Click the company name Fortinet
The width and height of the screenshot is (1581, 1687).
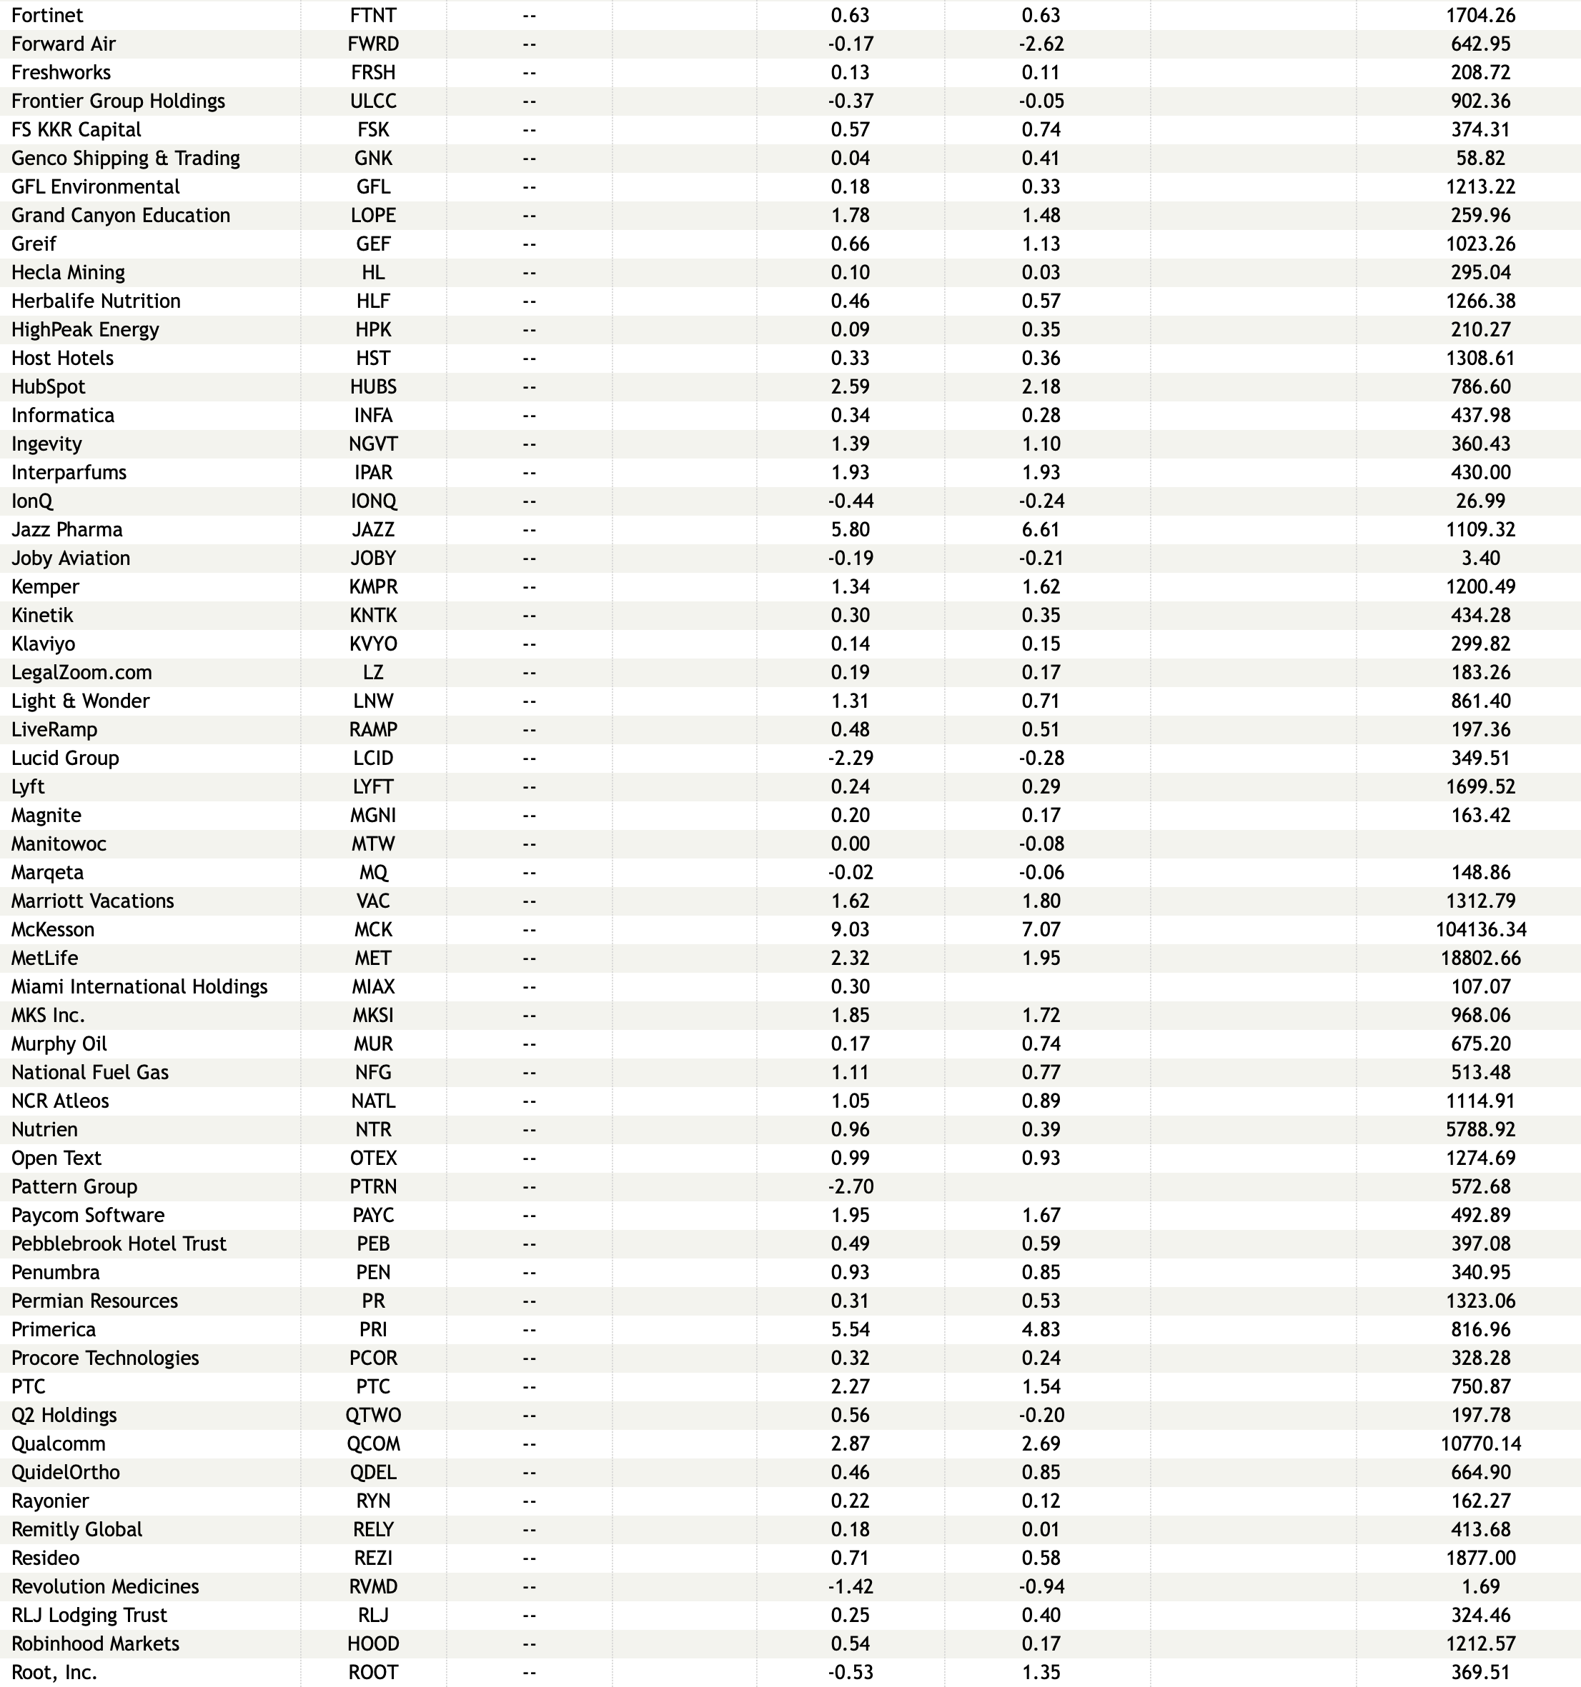click(x=48, y=15)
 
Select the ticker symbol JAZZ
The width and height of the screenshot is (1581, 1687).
click(x=373, y=529)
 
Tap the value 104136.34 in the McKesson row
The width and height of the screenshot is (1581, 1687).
click(x=1480, y=929)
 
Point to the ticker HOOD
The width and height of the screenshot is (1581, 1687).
click(x=373, y=1643)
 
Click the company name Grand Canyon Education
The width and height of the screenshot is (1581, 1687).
click(x=121, y=216)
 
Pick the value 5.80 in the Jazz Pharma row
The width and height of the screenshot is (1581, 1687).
click(x=850, y=529)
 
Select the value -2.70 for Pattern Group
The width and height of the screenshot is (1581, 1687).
click(x=850, y=1186)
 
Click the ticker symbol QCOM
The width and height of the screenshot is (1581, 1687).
click(x=373, y=1443)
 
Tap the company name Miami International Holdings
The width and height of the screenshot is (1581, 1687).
click(x=139, y=987)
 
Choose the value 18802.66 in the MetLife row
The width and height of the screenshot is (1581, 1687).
click(x=1480, y=958)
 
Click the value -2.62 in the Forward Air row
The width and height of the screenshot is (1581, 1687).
click(x=1041, y=44)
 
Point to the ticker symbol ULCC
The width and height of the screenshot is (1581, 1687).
click(x=373, y=101)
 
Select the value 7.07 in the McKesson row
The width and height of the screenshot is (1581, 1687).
click(x=1041, y=929)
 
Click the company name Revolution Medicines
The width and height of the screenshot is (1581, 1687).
click(x=105, y=1586)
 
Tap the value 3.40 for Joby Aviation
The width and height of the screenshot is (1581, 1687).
click(x=1480, y=559)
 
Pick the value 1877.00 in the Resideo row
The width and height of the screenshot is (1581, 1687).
click(x=1480, y=1558)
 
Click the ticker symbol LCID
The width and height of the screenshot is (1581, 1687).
click(x=373, y=758)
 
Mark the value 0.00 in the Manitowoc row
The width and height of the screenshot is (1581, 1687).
click(x=850, y=844)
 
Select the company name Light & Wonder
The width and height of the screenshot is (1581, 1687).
click(x=81, y=701)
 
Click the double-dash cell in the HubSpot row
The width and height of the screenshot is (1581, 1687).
click(x=529, y=387)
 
